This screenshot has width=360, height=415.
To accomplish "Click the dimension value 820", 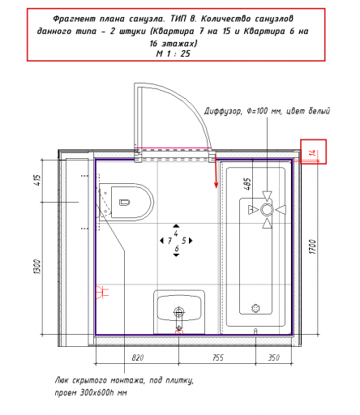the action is tap(138, 357).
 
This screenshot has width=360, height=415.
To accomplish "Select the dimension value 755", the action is tap(218, 357).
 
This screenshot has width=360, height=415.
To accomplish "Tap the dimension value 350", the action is tap(274, 357).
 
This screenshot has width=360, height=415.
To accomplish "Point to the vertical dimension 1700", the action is tap(312, 246).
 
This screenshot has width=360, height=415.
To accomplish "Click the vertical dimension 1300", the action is tap(37, 267).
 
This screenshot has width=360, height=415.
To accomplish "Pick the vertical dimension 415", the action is tap(37, 180).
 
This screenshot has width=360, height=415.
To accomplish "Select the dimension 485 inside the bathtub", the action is tap(247, 184).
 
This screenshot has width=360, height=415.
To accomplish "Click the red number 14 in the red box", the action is tap(313, 152).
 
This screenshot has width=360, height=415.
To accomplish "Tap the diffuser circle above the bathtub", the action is tap(267, 210).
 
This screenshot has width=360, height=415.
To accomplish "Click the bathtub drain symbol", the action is tap(255, 308).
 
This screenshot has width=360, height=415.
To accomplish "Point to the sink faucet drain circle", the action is tap(178, 313).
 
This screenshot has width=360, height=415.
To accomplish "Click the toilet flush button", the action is tap(125, 202).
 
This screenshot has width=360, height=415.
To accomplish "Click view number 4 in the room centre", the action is tap(176, 233).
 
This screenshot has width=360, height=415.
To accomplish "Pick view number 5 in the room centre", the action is tap(184, 241).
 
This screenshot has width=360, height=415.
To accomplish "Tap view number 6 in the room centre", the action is tap(177, 248).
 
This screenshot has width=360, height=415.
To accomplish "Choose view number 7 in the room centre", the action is tap(169, 241).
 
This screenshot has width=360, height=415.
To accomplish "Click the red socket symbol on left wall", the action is tap(102, 292).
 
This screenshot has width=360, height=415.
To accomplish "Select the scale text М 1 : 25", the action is tap(174, 53).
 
